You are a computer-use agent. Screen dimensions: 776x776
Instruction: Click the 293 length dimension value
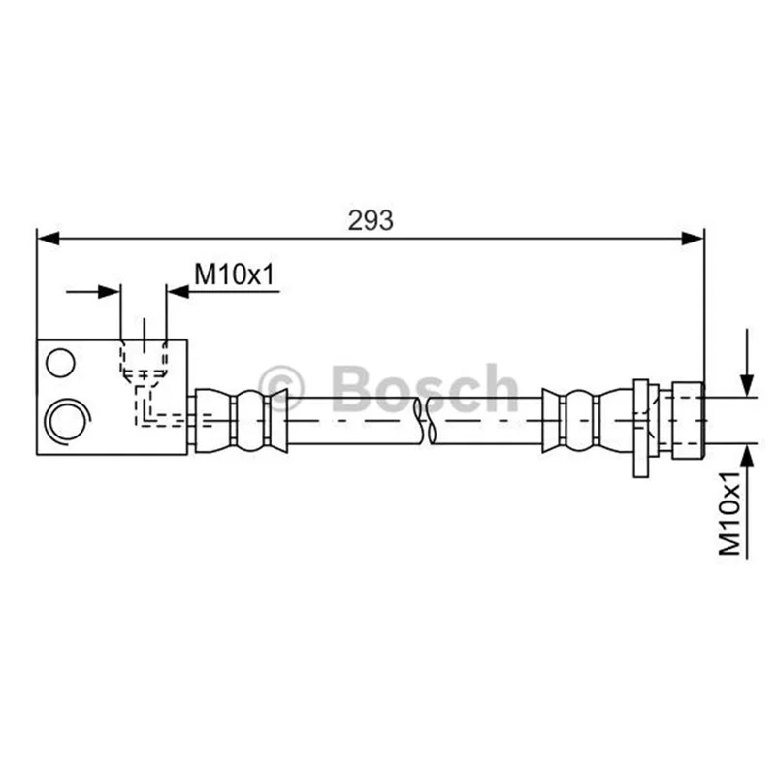coord(371,221)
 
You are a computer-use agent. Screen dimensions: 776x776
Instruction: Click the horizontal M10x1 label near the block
coord(234,275)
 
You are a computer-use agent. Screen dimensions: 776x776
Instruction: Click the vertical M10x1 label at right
coord(730,514)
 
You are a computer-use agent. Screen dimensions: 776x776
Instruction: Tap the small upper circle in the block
coord(60,363)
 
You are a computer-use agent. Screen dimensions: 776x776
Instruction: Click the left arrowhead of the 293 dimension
coord(48,238)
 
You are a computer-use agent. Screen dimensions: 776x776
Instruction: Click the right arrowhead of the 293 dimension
coord(693,238)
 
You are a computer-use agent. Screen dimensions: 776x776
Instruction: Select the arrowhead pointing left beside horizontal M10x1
coord(178,292)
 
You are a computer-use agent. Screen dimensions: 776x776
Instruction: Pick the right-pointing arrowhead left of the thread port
coord(109,292)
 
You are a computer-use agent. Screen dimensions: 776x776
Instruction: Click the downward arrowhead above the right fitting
coord(747,386)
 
